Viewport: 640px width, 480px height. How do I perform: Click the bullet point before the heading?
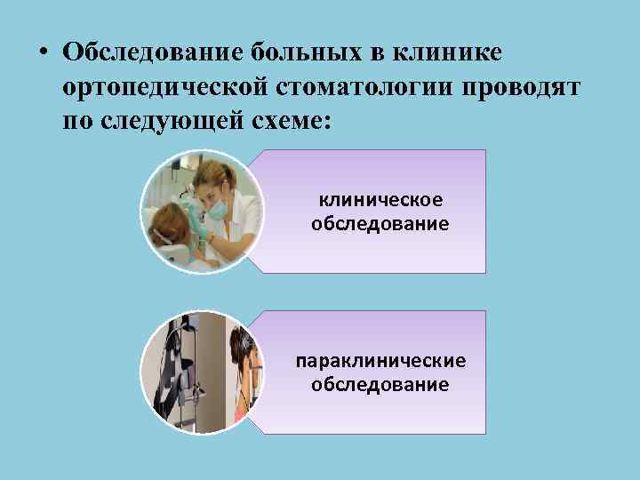tap(42, 51)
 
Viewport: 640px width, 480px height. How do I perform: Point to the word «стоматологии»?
tap(355, 86)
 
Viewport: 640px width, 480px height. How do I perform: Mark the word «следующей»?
tap(173, 121)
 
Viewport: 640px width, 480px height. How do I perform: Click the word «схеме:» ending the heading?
tap(291, 121)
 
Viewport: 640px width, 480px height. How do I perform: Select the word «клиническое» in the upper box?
tap(380, 199)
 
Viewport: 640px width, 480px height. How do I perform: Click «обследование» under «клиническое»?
tap(380, 222)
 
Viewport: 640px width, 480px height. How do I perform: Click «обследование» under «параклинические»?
tap(380, 384)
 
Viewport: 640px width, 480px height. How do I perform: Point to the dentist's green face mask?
tap(217, 203)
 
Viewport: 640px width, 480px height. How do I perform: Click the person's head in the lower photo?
tap(244, 351)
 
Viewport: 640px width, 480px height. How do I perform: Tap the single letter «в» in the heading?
tap(374, 52)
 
